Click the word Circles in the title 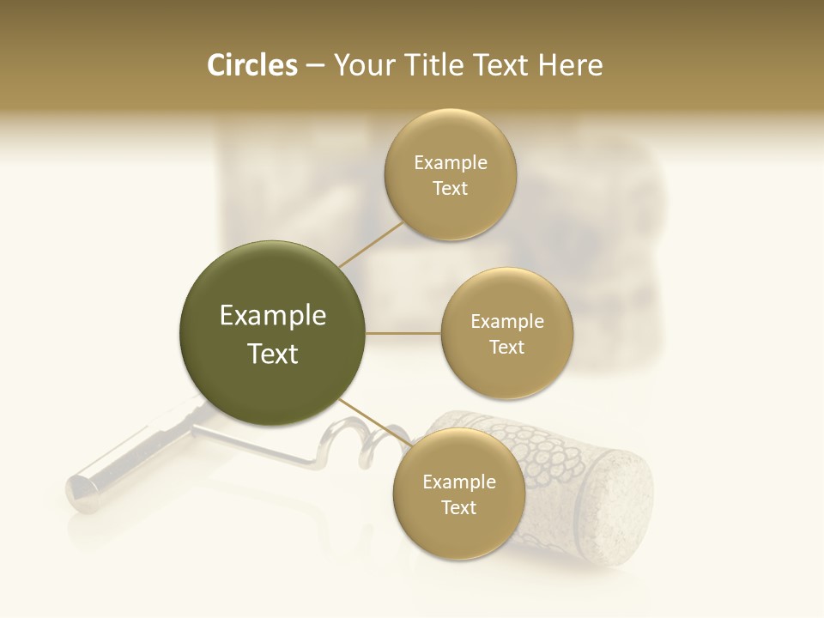[251, 65]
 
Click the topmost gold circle [450, 174]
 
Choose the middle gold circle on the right [506, 333]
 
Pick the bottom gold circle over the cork [458, 494]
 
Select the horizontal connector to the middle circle [403, 332]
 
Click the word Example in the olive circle [273, 316]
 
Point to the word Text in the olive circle [273, 354]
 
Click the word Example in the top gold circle [450, 162]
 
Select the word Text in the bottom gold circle [458, 507]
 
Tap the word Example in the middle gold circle [506, 321]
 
